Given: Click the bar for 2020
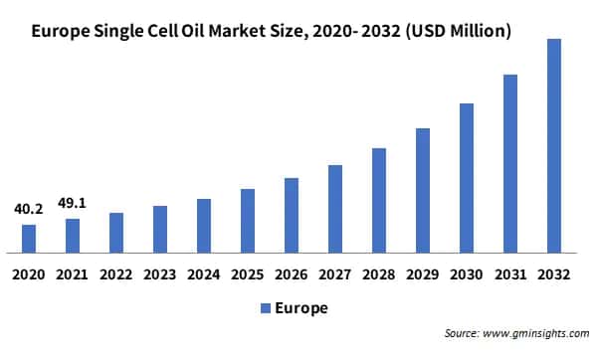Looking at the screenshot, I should [29, 239].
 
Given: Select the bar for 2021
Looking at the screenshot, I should [73, 236].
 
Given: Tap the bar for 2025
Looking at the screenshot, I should [248, 221].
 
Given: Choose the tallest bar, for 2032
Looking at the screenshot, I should [554, 146].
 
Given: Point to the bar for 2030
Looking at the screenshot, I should [467, 177].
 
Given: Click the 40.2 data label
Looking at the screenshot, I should [29, 210].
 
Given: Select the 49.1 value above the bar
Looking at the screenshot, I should [73, 203].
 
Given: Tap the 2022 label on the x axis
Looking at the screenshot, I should [116, 272].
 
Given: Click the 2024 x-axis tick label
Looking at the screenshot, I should [204, 272].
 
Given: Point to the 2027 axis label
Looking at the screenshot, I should [335, 272].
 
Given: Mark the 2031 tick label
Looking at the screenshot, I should [510, 272].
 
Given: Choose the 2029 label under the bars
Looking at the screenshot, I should [423, 272].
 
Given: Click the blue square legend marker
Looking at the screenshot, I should [265, 308].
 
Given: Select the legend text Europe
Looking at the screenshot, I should [301, 308].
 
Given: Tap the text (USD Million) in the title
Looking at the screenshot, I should [453, 32].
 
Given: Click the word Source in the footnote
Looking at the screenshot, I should [461, 335].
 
